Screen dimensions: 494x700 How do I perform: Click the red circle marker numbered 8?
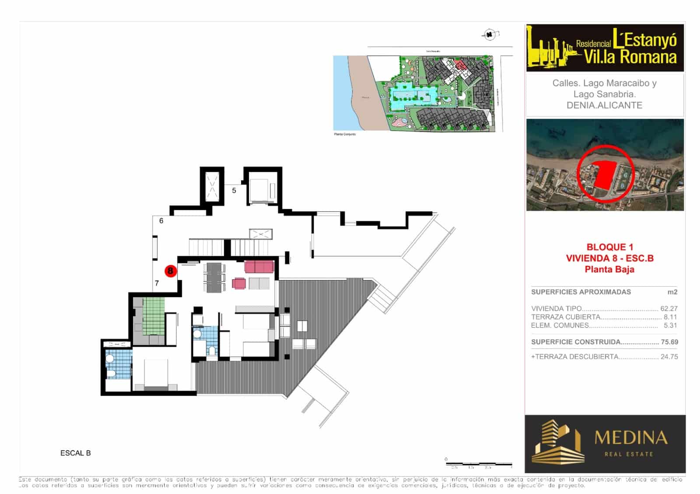click(x=170, y=271)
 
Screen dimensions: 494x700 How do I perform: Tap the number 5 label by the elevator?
click(x=234, y=191)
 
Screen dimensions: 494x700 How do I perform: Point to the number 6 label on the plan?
click(x=161, y=221)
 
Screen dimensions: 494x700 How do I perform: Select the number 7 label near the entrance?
click(x=157, y=283)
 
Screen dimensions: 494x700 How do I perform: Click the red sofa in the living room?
click(x=259, y=267)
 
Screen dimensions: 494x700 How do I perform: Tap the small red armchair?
click(x=239, y=284)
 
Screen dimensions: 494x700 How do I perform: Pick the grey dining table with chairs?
click(x=214, y=277)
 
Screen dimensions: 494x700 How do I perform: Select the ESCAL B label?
click(x=75, y=453)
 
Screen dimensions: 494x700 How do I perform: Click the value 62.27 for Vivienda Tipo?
click(x=668, y=308)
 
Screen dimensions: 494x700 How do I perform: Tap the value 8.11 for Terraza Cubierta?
click(x=670, y=317)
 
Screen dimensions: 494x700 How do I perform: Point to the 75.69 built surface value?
click(x=669, y=342)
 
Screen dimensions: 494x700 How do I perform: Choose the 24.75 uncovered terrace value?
click(x=669, y=357)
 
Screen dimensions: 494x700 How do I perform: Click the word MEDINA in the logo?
click(x=630, y=438)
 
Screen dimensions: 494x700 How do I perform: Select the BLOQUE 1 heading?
click(x=609, y=247)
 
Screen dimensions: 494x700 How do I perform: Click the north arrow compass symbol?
click(x=490, y=34)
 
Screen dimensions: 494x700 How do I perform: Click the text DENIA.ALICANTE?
click(x=604, y=105)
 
